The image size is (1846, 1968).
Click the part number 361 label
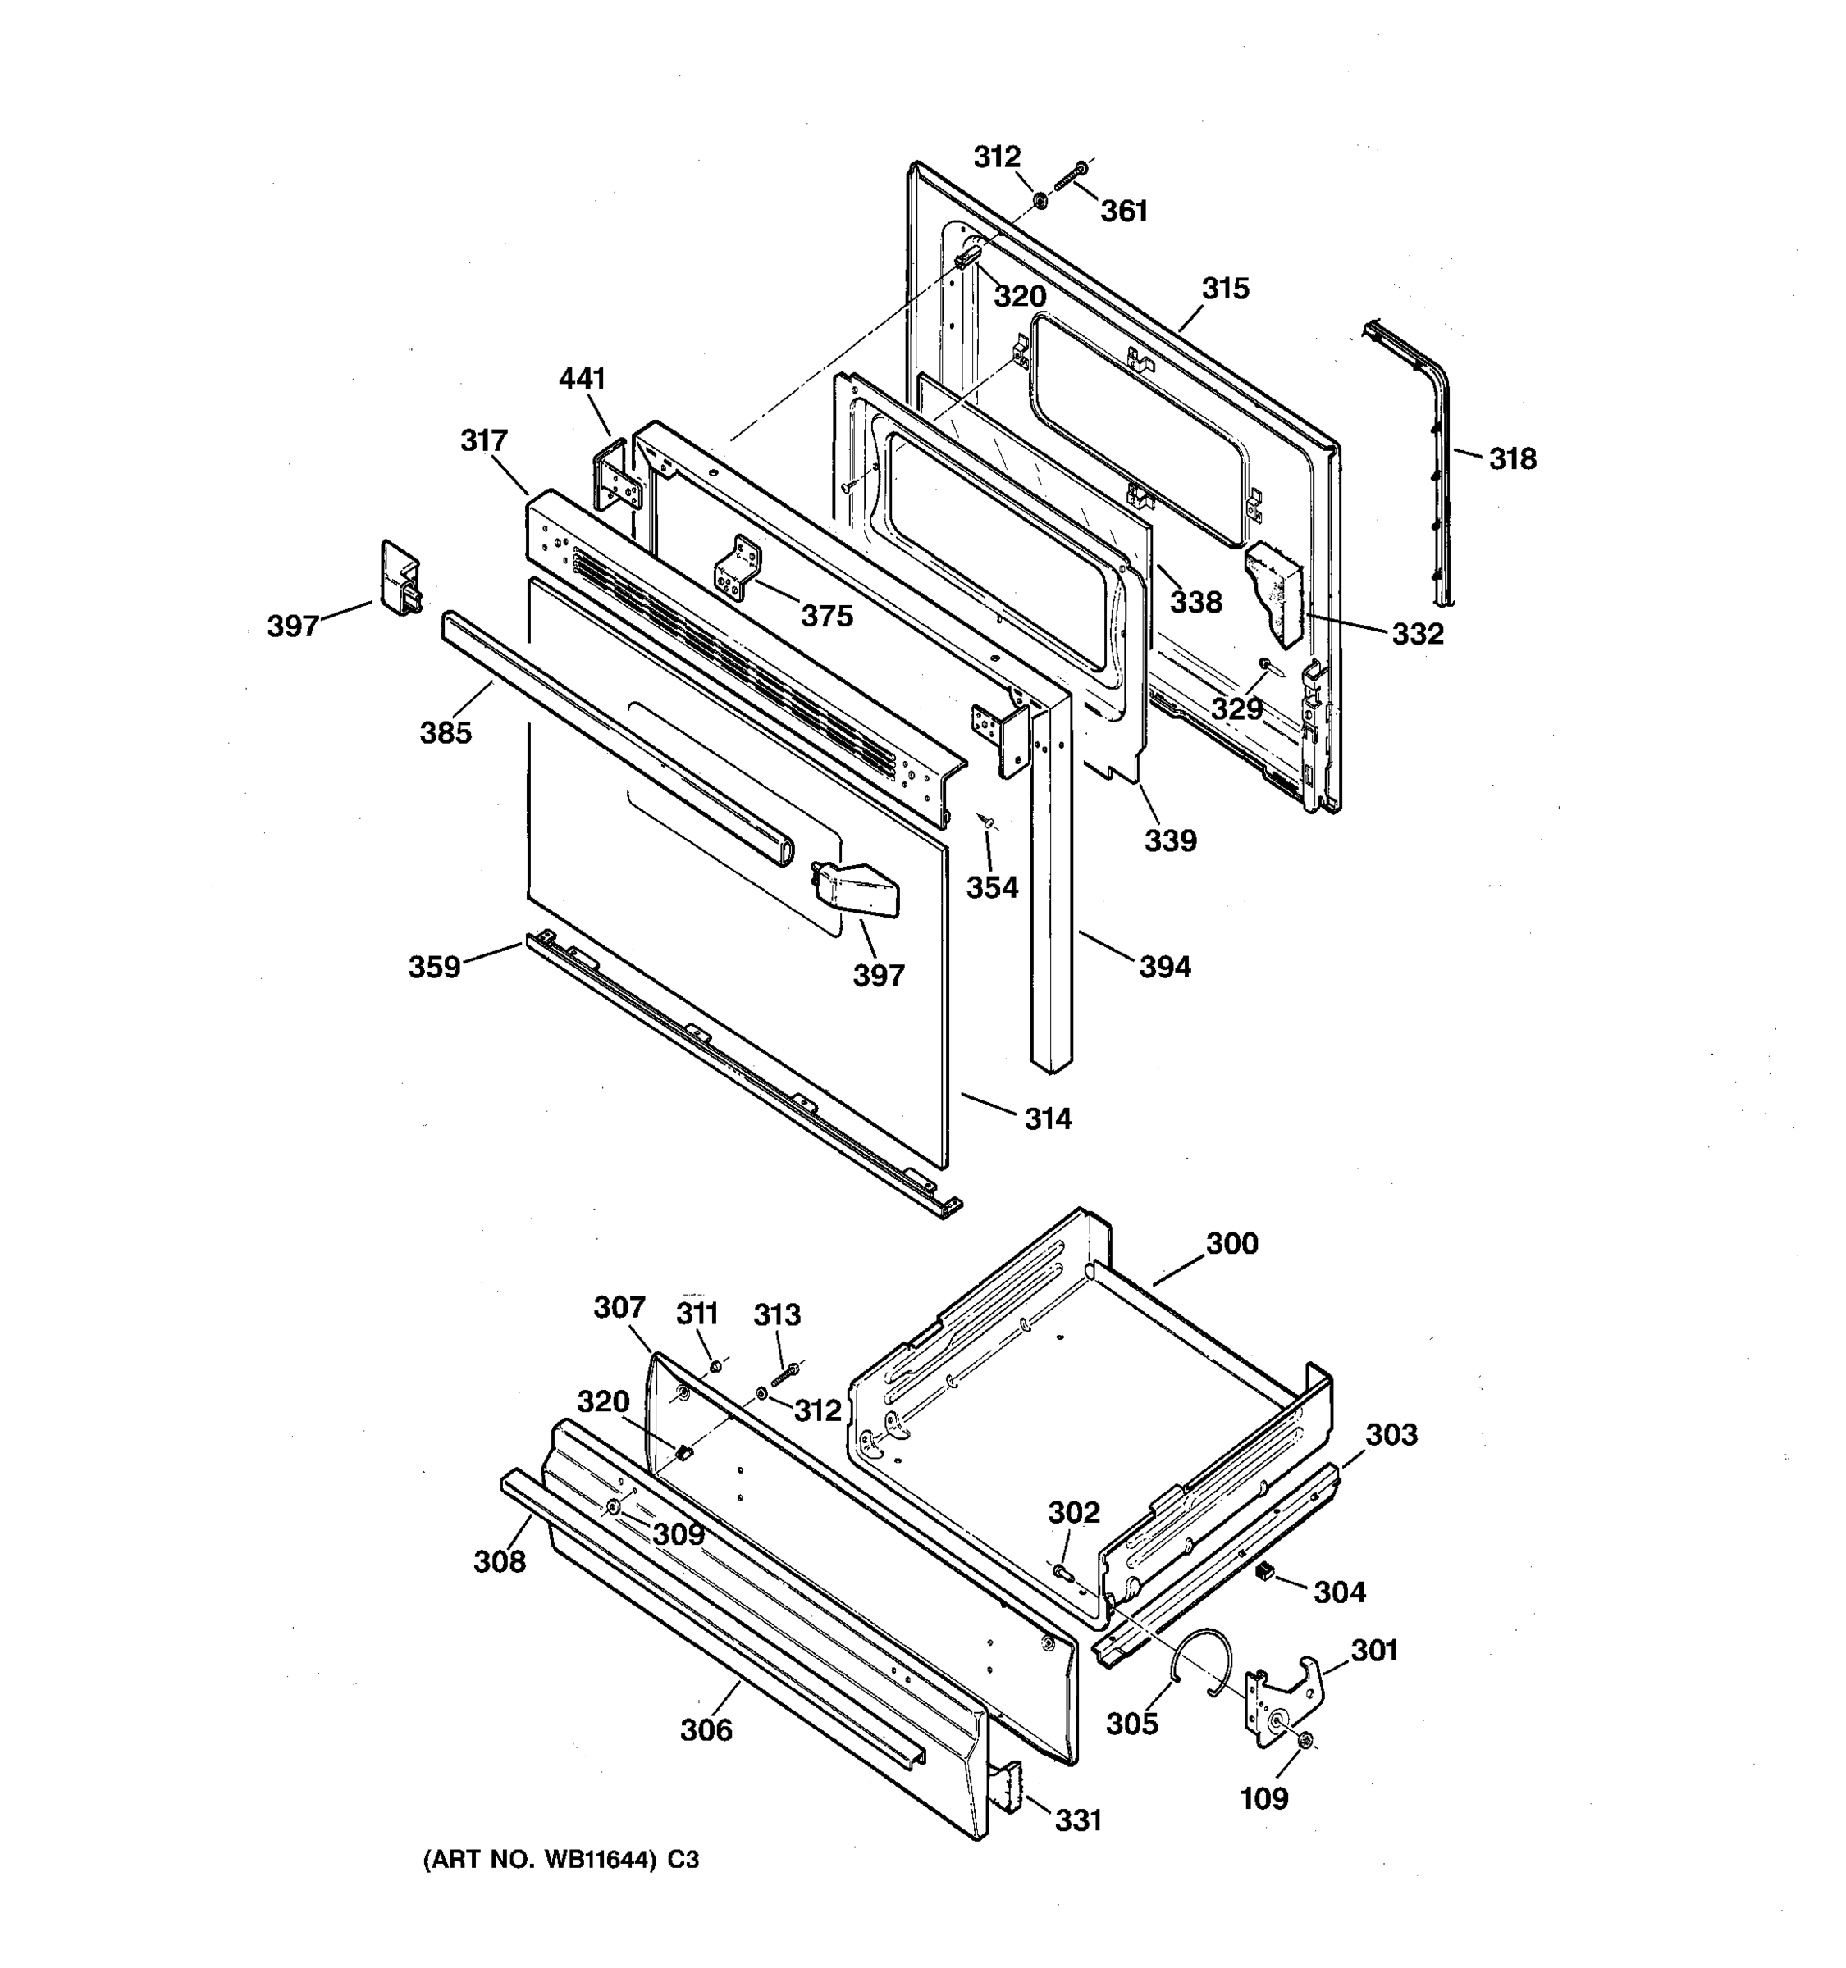[x=1124, y=212]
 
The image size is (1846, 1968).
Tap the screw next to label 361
[x=1071, y=177]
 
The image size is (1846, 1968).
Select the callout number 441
[x=583, y=379]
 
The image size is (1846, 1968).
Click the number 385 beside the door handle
[x=446, y=734]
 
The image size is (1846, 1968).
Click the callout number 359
[x=435, y=967]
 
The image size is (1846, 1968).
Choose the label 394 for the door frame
[x=1165, y=967]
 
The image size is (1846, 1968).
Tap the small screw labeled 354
[x=986, y=820]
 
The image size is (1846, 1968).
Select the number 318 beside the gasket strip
[x=1512, y=459]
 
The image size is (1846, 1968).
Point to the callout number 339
[x=1171, y=841]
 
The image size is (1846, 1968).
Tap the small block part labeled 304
[x=1263, y=1571]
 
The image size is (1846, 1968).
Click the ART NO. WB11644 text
[x=560, y=1860]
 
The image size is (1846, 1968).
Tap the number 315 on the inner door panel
[x=1225, y=289]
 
